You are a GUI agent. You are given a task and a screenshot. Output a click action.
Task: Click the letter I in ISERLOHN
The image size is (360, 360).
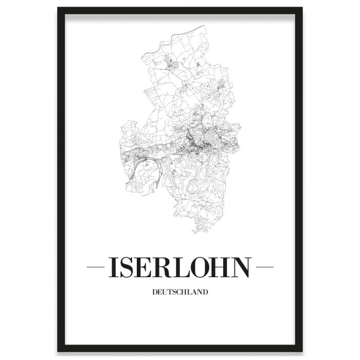click(x=113, y=267)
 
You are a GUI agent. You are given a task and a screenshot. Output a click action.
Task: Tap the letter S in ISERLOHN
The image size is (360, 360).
click(x=128, y=267)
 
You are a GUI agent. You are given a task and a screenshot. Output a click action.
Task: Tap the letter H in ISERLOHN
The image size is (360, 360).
click(x=224, y=267)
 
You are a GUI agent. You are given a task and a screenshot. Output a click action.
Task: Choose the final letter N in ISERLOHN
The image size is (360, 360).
click(x=243, y=267)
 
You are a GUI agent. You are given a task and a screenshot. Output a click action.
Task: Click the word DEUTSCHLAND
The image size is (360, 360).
click(x=180, y=293)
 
